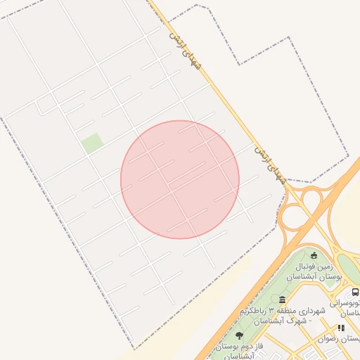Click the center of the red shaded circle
click(180, 179)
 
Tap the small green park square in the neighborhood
click(92, 143)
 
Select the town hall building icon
click(282, 300)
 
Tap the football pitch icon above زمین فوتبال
click(314, 255)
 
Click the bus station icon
click(355, 292)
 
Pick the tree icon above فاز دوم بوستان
click(240, 335)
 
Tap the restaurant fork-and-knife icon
click(342, 328)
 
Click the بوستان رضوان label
click(337, 339)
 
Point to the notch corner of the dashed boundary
click(240, 64)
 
